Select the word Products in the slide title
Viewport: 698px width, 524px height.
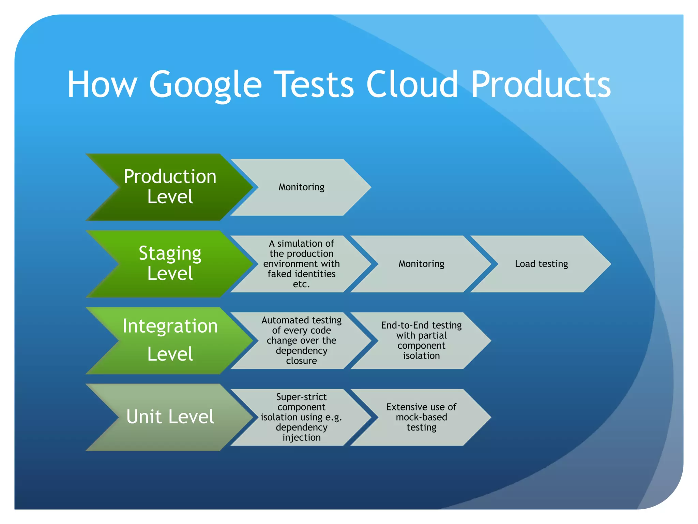[541, 85]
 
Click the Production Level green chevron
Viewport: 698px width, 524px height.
[170, 187]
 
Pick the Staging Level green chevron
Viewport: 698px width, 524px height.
[170, 263]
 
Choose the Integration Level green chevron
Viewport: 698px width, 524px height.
[170, 340]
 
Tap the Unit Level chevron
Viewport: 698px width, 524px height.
[170, 417]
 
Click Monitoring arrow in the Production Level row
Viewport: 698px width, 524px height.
[301, 187]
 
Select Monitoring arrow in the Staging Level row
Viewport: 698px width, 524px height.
[421, 264]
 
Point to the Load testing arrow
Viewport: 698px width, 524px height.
[541, 264]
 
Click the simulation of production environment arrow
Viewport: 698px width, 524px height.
[301, 264]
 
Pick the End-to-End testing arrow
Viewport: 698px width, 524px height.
[421, 340]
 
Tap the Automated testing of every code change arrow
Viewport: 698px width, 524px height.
[301, 340]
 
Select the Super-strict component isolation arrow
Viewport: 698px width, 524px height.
[301, 417]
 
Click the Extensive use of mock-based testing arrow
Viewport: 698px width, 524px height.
[421, 417]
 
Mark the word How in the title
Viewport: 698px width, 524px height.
[102, 85]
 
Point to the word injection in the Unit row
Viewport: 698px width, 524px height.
[301, 437]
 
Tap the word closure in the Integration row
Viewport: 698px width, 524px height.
[301, 361]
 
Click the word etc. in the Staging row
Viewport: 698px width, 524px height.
[301, 284]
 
